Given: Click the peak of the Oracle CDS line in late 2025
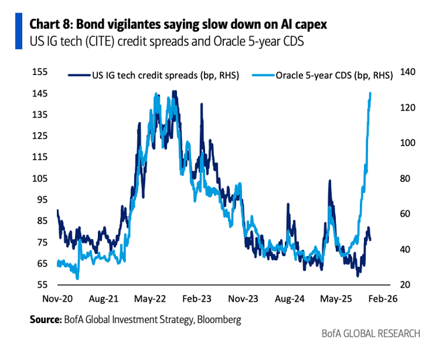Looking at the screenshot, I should [x=371, y=93].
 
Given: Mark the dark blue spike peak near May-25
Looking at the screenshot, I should [x=330, y=181].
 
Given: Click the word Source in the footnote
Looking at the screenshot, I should [x=45, y=320].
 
